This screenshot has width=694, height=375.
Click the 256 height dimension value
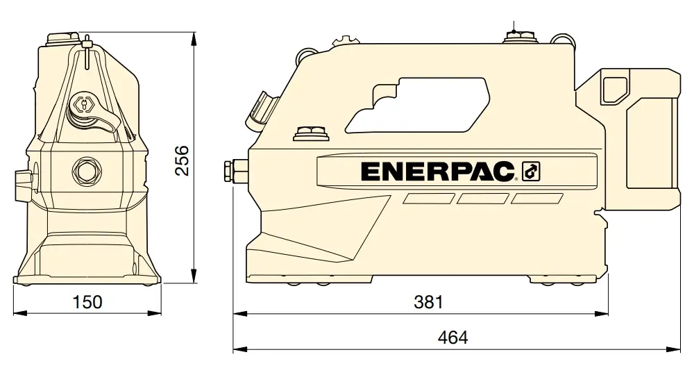(x=182, y=160)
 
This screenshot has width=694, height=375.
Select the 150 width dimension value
(x=87, y=302)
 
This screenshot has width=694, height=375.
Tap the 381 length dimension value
(x=428, y=302)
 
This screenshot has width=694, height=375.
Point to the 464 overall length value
(x=452, y=337)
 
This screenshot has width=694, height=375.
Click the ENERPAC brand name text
(x=438, y=172)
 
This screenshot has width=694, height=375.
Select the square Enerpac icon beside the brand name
(x=531, y=172)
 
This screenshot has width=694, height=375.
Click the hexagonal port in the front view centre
(x=87, y=170)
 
